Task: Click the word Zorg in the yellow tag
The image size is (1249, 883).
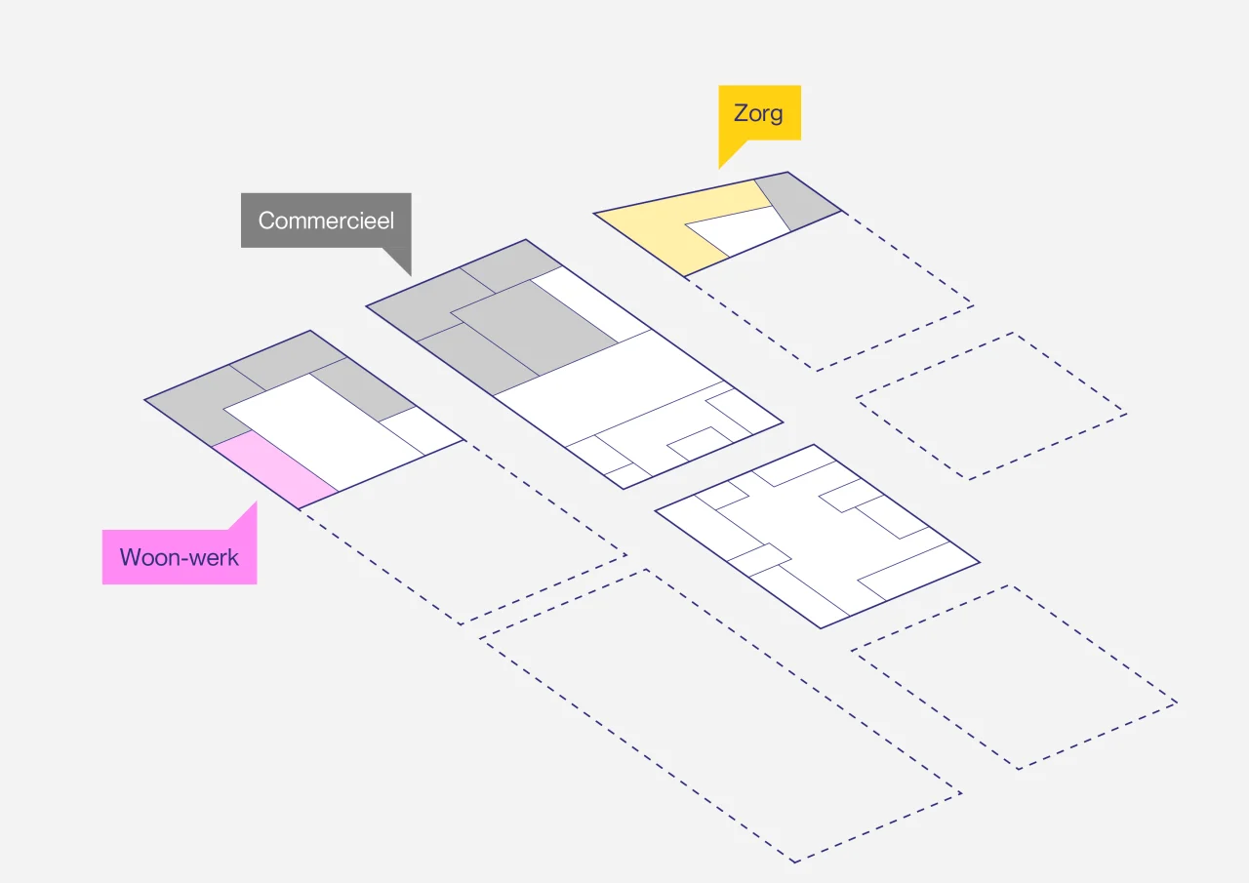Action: click(758, 114)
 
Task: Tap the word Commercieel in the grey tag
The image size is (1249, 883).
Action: click(326, 221)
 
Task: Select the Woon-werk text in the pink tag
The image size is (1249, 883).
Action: click(180, 557)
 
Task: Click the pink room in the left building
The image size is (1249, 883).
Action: click(274, 469)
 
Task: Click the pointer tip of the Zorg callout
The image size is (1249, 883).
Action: click(719, 169)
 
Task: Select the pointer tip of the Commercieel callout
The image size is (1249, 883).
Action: click(411, 276)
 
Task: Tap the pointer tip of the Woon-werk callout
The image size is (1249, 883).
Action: click(257, 502)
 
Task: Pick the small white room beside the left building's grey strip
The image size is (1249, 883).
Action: click(422, 430)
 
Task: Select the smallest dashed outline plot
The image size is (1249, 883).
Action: click(991, 406)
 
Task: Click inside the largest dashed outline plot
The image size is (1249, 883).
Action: click(720, 716)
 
